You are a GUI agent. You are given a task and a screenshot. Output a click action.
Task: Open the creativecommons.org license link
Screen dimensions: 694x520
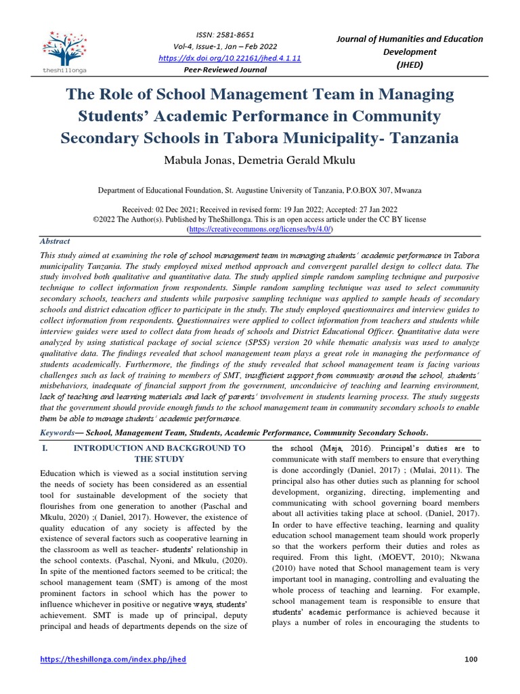259,230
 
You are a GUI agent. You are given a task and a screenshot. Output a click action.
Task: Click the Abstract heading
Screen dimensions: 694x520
56,241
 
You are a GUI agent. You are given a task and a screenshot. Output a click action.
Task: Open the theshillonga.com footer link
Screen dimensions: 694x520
113,659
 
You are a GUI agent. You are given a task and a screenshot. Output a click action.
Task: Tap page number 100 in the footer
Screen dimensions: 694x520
472,659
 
